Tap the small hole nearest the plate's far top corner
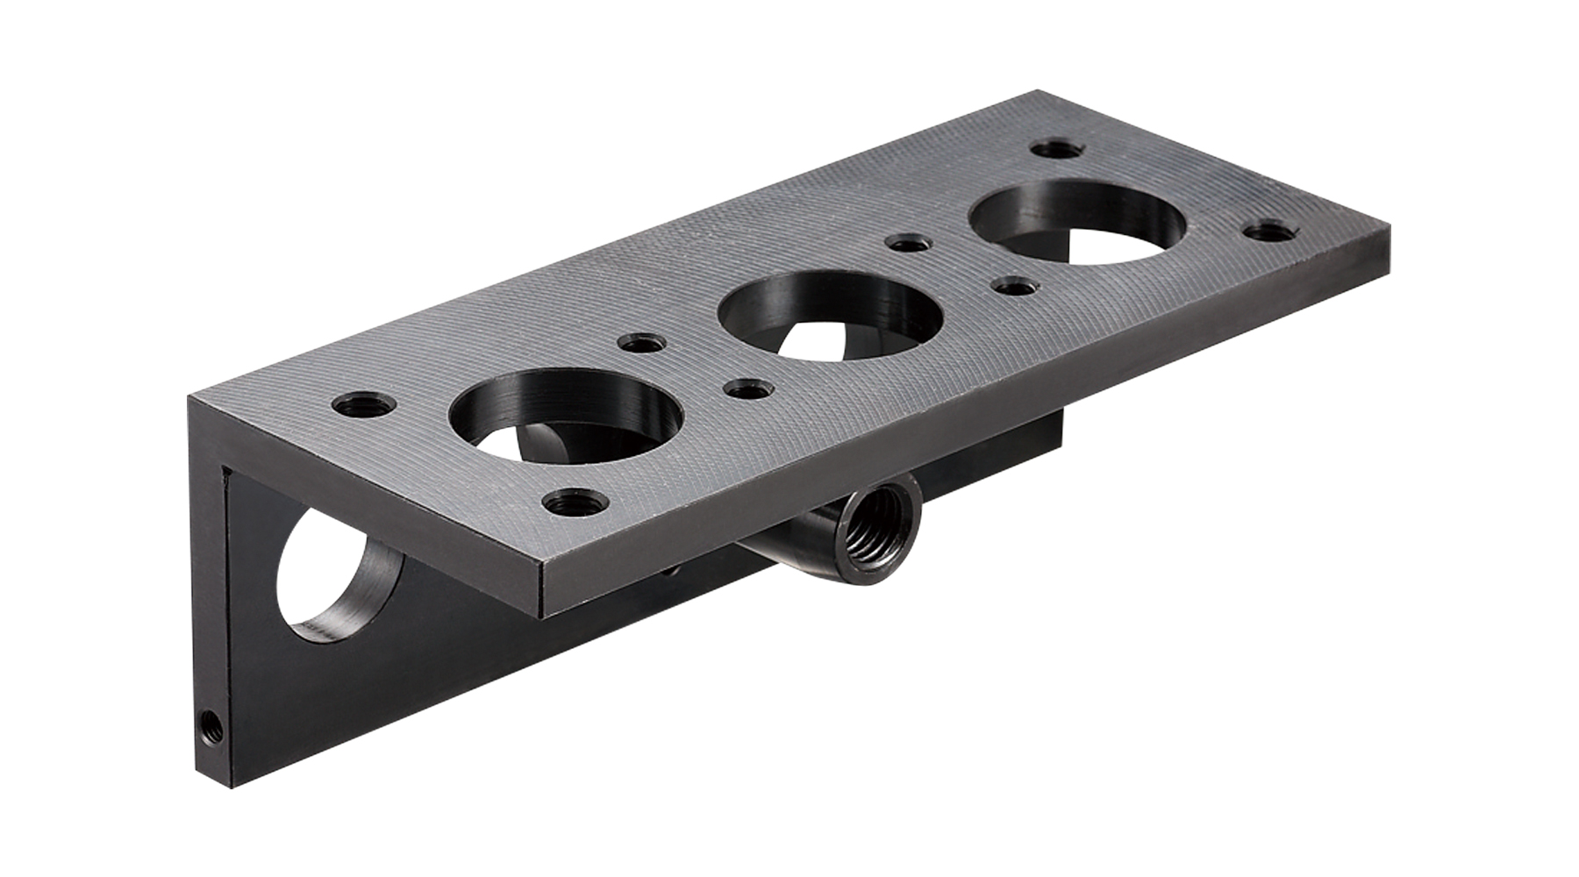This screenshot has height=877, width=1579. [1057, 148]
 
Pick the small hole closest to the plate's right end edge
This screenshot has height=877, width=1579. [1270, 232]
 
